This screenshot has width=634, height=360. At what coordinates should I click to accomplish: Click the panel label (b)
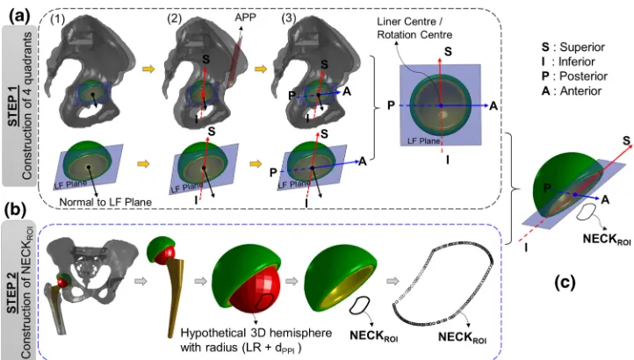coord(16,210)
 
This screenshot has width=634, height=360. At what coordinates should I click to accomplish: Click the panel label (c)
coord(565,283)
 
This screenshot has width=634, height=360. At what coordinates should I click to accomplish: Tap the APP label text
coord(245,18)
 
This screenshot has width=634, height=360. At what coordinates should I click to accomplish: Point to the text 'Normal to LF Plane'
coord(105,202)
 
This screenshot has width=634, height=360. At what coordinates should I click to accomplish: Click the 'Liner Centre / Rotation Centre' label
coord(414,28)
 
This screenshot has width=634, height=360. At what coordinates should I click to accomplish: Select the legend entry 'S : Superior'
coord(573,47)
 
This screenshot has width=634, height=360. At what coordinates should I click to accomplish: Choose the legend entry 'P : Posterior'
coord(574,76)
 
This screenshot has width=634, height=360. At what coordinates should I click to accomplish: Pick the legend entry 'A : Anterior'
coord(572,91)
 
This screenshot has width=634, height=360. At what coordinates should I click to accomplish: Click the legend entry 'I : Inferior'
coord(569,61)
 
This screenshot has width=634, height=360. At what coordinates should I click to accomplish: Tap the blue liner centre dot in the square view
coord(441,105)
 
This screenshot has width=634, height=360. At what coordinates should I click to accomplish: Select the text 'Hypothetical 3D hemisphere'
coord(256,334)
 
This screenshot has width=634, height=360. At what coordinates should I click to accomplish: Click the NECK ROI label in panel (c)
coord(607,239)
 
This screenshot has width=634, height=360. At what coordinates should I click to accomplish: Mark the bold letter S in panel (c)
coord(626,140)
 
